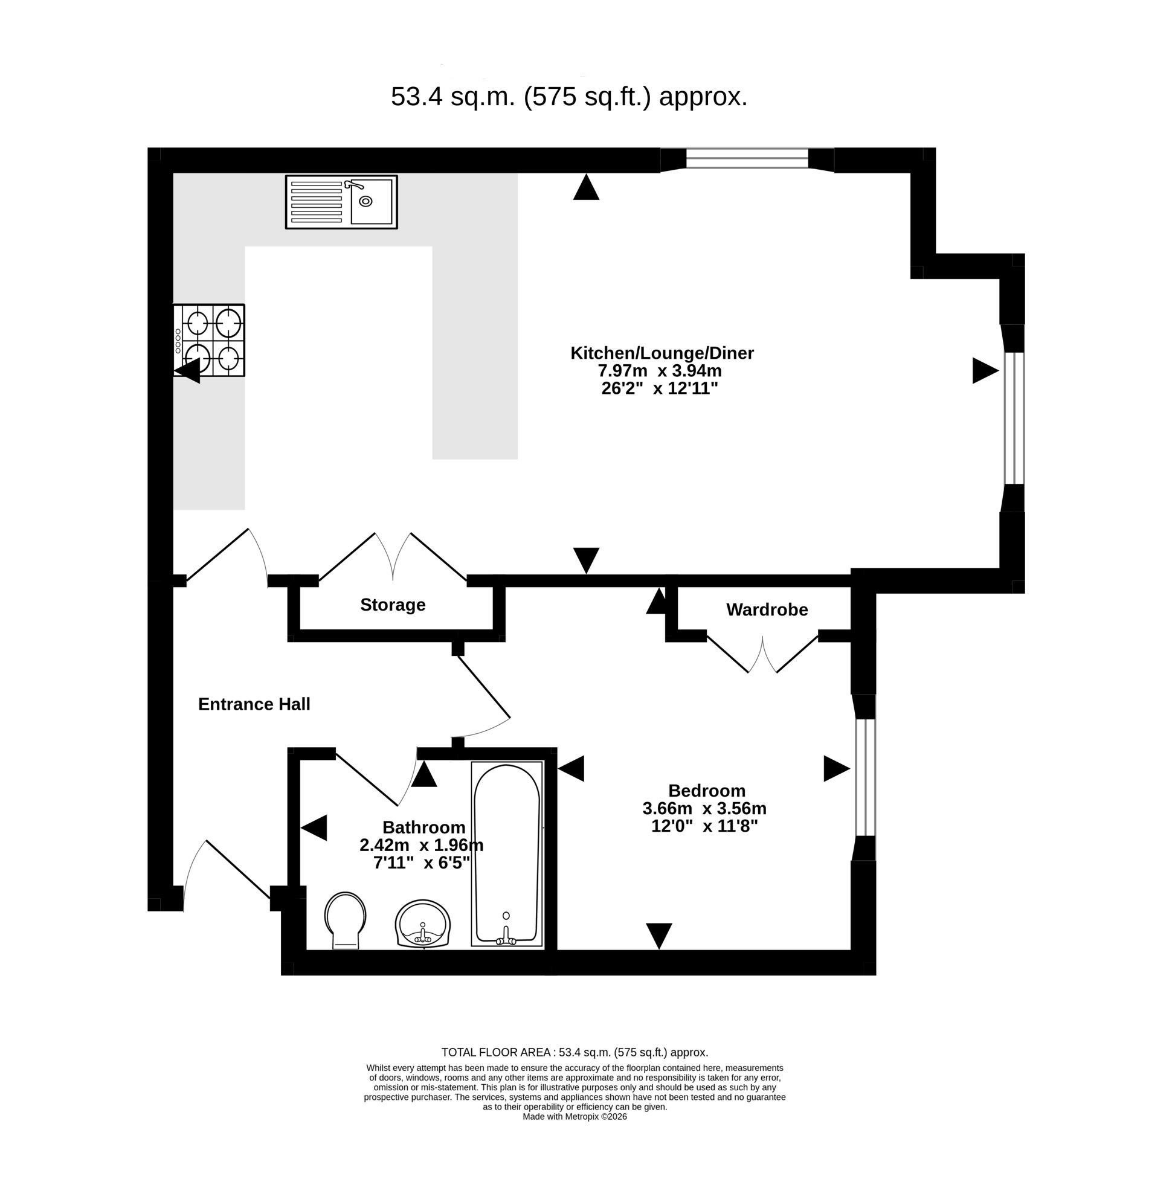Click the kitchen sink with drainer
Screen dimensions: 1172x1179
coord(341,202)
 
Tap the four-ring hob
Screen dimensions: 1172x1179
coord(209,340)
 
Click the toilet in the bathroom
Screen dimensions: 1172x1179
coord(346,920)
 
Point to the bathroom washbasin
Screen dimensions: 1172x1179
coord(422,924)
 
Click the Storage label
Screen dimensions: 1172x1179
coord(393,605)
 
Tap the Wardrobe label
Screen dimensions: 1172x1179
coord(767,609)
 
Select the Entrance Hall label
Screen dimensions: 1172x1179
coord(254,704)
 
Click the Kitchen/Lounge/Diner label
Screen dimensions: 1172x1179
coord(662,353)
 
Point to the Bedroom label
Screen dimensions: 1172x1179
coord(707,790)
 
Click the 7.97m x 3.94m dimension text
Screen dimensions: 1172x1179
coord(660,370)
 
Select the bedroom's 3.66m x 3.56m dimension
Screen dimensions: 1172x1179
coord(704,808)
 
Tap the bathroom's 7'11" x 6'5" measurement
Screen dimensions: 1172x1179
coord(422,863)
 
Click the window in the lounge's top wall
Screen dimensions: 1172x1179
coord(747,159)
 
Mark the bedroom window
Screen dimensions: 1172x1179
coord(865,777)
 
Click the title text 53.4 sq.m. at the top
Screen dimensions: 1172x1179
coord(454,97)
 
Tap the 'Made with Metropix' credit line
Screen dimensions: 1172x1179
coord(575,1134)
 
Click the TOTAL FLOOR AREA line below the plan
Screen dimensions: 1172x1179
coord(575,1052)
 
